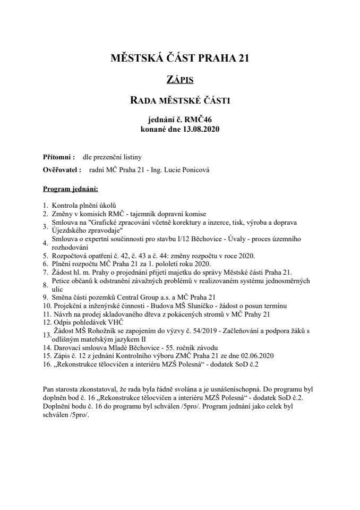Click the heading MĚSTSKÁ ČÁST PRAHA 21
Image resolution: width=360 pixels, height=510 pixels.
tap(179, 57)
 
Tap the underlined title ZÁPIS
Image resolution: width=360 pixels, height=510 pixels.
tap(179, 80)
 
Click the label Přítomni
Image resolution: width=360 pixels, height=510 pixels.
tap(58, 158)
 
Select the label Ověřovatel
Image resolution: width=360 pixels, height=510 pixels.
tap(61, 171)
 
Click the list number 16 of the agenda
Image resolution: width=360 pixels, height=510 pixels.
tap(46, 364)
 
